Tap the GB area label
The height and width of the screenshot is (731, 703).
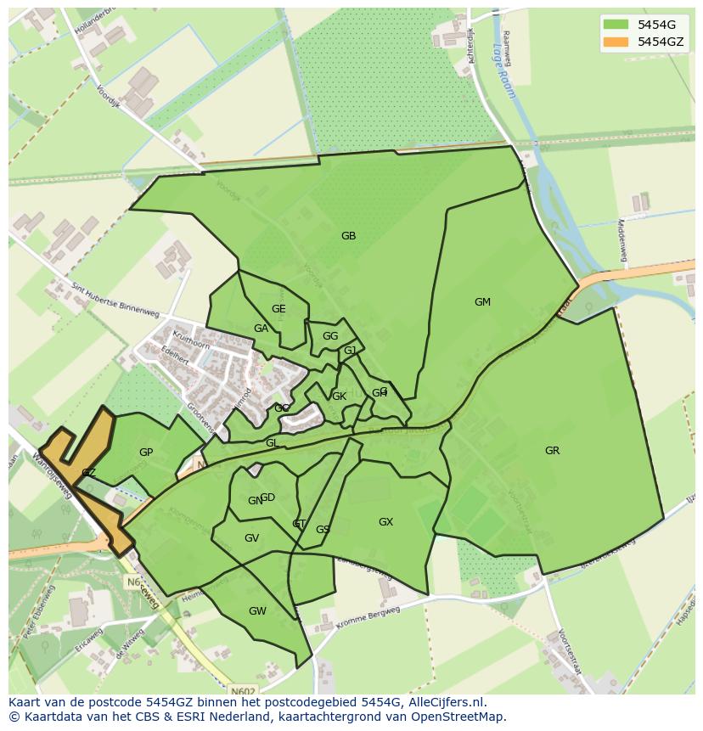[348, 236]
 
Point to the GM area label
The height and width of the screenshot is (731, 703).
[482, 302]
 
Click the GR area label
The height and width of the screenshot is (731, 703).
[552, 451]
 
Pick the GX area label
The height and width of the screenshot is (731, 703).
[385, 522]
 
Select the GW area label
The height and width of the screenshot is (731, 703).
[257, 611]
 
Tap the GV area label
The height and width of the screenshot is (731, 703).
[251, 538]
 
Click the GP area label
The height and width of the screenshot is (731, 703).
[146, 453]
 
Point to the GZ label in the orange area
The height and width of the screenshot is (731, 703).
[88, 473]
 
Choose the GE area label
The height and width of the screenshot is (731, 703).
[278, 309]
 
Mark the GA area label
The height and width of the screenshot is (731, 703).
[261, 329]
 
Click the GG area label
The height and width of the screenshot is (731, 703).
[330, 336]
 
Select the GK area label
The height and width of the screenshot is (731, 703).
[339, 396]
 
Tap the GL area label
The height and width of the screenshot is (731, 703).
[272, 443]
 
